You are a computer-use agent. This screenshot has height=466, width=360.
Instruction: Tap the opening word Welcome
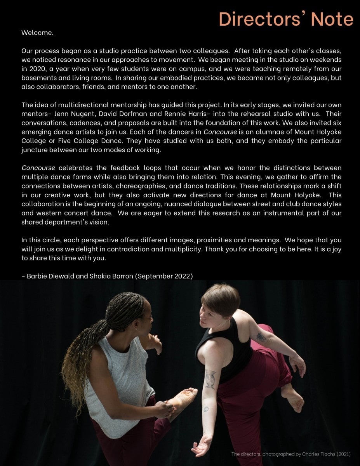coord(37,33)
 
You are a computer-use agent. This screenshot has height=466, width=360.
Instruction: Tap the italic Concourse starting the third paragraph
coord(38,168)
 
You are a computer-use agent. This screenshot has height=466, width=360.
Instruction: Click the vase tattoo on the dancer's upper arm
coord(210,379)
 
